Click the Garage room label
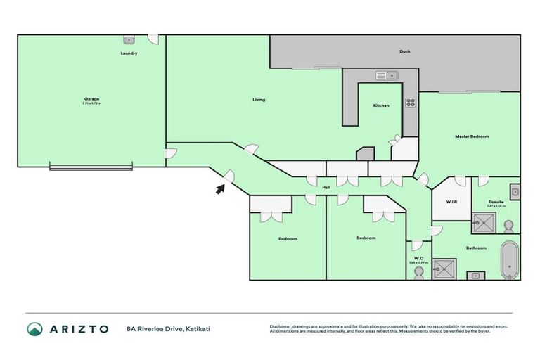91,98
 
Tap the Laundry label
129,53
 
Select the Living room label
259,100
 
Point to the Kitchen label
381,105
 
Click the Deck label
404,51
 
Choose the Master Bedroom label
472,136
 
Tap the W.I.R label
452,202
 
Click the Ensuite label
496,202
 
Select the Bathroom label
476,247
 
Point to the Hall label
326,188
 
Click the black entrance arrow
220,188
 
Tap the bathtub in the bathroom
510,260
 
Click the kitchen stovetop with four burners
410,103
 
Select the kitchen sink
387,75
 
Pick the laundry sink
129,40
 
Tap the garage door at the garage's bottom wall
91,167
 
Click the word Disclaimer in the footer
282,326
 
